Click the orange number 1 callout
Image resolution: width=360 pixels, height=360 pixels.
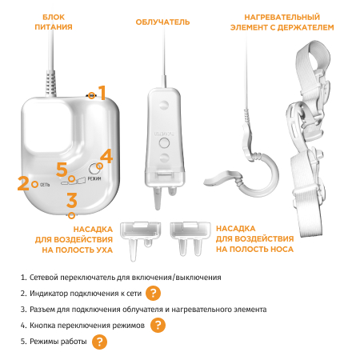coord(102,93)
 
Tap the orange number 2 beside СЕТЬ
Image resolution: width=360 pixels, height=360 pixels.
coord(23,183)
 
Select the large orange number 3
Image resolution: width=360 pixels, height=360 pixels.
coord(72,200)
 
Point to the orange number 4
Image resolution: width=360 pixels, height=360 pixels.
coord(107,156)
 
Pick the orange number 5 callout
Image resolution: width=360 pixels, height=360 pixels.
coord(62,170)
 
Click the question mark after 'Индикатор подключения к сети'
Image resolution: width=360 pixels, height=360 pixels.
coord(153,293)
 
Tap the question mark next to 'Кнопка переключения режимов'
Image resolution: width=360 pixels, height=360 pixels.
coord(158,325)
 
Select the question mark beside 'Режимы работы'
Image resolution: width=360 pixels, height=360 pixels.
coord(99,342)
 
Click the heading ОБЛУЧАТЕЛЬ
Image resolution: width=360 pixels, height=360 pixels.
coord(162,22)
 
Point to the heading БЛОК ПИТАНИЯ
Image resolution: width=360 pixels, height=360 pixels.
coord(54,22)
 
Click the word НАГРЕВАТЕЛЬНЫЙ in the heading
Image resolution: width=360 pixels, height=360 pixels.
coord(282,18)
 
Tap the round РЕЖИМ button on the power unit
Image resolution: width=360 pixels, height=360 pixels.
coord(94,168)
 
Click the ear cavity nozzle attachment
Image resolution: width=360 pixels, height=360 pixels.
coord(140,240)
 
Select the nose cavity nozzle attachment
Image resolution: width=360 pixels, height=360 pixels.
coord(190,238)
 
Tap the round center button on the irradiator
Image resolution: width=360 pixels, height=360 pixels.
coord(164,143)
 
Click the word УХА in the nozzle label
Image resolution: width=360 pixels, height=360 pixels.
coord(103,250)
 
